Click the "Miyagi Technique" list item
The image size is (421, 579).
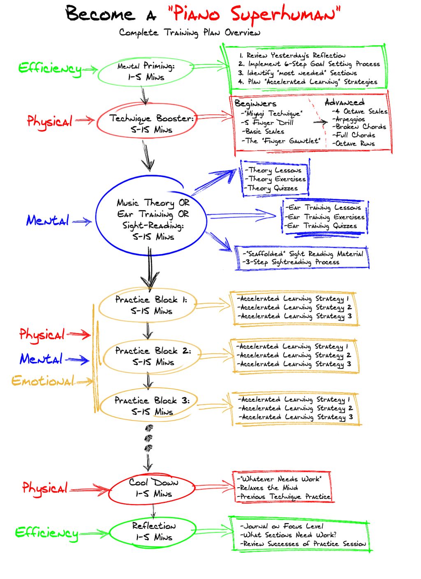[x=273, y=113]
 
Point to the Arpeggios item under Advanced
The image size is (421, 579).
[x=349, y=119]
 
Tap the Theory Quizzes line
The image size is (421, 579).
[x=273, y=188]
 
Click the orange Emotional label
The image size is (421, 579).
[x=43, y=381]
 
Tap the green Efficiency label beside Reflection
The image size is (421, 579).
[x=46, y=533]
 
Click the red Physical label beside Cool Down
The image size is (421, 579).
[x=45, y=489]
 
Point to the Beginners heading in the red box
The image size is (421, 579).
[x=255, y=103]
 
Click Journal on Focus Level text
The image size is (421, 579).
[x=283, y=526]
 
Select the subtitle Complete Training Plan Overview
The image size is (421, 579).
[x=190, y=32]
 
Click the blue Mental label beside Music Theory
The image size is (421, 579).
[x=48, y=221]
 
